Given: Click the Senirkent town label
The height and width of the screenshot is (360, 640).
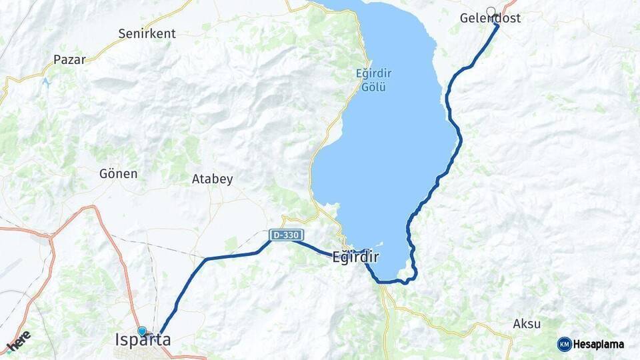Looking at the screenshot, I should tap(147, 33).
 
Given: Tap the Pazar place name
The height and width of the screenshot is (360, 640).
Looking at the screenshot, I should tap(69, 59).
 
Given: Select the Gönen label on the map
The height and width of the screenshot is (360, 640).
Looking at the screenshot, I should tap(118, 174).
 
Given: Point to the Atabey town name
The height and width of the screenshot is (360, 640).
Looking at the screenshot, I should tap(212, 179).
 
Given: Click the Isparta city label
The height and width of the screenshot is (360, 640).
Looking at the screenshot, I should tap(143, 340).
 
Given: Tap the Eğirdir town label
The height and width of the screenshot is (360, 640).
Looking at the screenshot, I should tap(355, 257).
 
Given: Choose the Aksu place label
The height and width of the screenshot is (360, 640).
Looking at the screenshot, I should tap(527, 324).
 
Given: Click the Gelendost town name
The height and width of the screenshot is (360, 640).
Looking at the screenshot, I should tap(491, 19).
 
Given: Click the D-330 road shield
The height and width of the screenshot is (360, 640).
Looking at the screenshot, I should tap(287, 235).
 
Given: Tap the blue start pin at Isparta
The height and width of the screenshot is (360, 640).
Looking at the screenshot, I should tap(142, 331).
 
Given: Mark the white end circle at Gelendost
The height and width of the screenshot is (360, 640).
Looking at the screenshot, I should tap(491, 11).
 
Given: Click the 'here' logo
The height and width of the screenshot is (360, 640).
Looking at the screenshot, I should tap(19, 340).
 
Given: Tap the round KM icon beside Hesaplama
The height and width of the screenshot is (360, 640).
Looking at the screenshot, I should tap(564, 344).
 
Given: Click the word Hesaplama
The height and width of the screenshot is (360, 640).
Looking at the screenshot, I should tap(599, 344).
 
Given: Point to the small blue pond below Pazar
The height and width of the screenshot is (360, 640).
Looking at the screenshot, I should tap(45, 83).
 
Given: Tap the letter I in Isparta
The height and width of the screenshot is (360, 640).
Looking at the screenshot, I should tap(118, 340).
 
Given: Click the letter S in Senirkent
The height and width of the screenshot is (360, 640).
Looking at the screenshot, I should tap(122, 33).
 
